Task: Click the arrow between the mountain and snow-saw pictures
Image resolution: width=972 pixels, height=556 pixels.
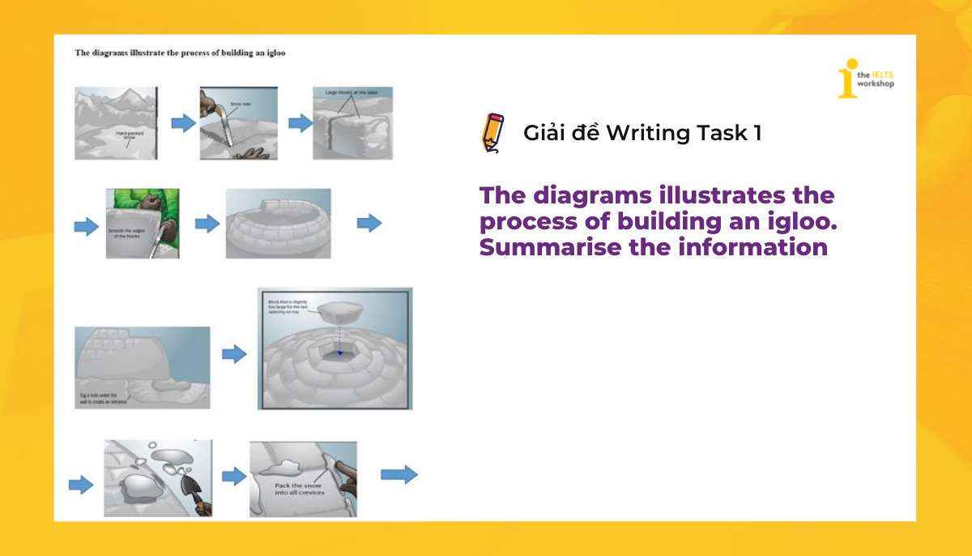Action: click(x=183, y=123)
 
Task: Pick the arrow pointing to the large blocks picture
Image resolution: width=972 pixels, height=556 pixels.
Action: click(x=301, y=123)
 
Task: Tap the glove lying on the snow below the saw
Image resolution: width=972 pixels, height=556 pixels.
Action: click(x=258, y=152)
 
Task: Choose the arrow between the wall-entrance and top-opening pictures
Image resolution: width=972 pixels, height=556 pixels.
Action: click(x=233, y=353)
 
